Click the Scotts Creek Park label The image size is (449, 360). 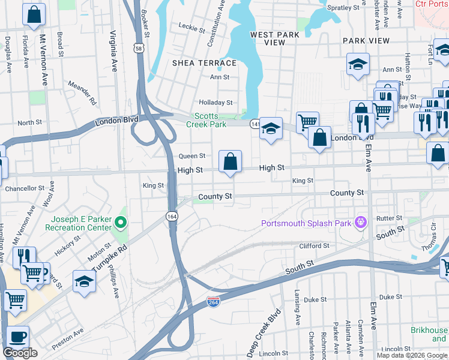[x=209, y=120]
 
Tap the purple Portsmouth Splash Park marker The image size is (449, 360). [x=360, y=224]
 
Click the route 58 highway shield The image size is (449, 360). [x=139, y=49]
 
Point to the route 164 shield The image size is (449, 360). [x=172, y=215]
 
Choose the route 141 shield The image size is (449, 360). [x=255, y=122]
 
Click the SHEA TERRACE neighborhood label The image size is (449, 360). [x=204, y=63]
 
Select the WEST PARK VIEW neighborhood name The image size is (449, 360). [x=275, y=38]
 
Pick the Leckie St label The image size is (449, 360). [x=192, y=26]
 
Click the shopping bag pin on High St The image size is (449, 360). [x=230, y=161]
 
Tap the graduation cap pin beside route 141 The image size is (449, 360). [x=271, y=128]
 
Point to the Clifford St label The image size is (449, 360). [x=314, y=246]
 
